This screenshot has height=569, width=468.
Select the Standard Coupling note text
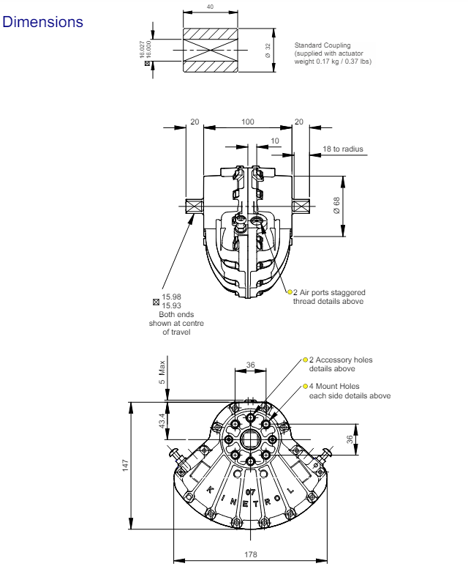coord(332,53)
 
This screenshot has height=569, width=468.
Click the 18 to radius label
coord(343,149)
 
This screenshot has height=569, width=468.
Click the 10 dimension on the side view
coord(275,140)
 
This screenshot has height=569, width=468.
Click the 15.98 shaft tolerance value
coord(172,297)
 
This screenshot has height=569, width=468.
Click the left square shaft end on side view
coord(194,207)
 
